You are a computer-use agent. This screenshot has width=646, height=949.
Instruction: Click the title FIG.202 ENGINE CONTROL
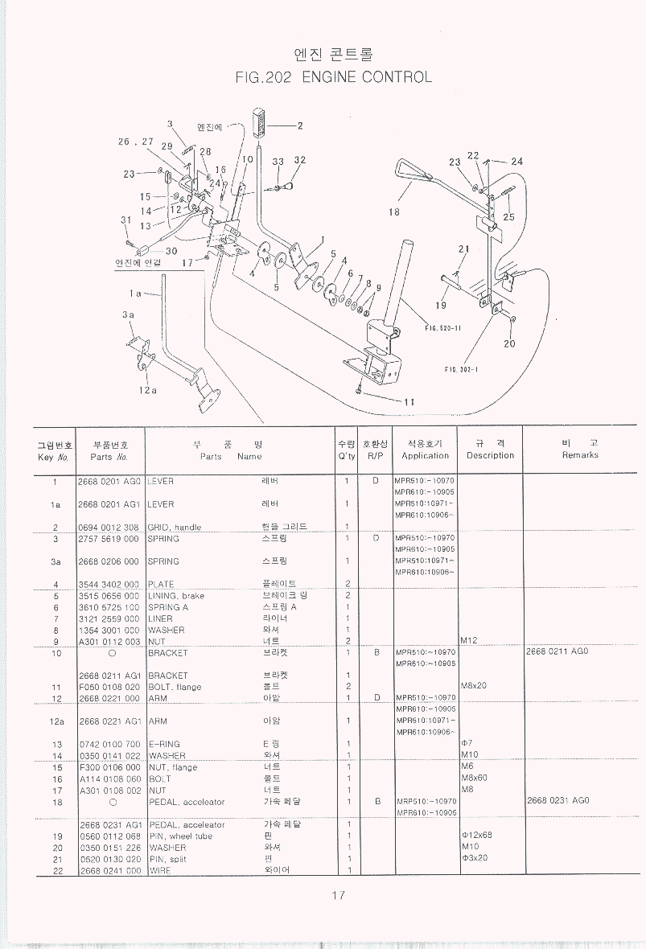point(334,77)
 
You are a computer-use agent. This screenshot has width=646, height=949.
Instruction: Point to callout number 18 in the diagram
point(393,212)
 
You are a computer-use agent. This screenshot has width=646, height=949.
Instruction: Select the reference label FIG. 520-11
point(442,327)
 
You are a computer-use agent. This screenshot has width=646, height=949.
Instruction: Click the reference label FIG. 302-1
point(462,370)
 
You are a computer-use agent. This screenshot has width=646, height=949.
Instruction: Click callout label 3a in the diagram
point(128,315)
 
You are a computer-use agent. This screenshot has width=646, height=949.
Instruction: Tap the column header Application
point(426,455)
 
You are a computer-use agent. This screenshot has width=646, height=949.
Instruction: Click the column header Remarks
point(580,455)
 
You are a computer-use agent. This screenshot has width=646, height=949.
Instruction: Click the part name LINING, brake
point(176,596)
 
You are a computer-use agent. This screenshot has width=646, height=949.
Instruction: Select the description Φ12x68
point(477,835)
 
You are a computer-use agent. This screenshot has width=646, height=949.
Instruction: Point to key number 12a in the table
point(56,721)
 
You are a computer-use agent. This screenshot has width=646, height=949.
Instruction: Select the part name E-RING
point(165,744)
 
